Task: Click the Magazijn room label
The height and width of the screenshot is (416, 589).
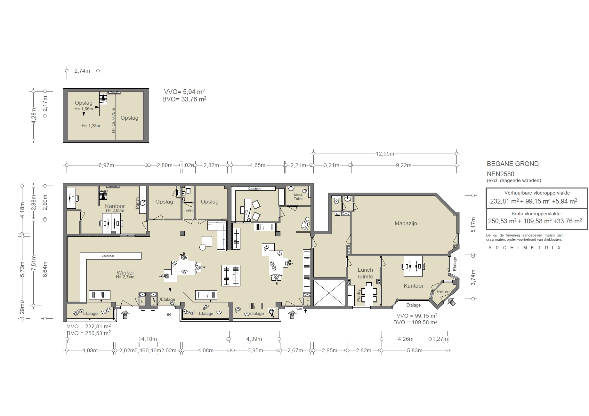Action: pos(406,224)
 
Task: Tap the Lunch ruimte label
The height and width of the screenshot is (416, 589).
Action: pos(365,273)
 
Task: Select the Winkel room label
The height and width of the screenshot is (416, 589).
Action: pos(125,273)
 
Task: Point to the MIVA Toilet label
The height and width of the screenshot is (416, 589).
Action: pos(298,197)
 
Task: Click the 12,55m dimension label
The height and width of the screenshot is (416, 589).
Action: pos(385,154)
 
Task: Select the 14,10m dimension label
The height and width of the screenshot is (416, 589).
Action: pos(147,339)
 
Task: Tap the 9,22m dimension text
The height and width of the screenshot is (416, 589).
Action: pos(404,165)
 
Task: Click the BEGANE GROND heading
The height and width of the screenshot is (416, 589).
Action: pos(512,164)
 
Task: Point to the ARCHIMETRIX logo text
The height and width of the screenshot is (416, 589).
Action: pos(525,248)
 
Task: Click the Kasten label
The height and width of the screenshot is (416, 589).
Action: pos(254,189)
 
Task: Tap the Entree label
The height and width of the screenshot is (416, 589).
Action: pos(443,292)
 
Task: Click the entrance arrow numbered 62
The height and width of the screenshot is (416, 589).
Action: pos(292,315)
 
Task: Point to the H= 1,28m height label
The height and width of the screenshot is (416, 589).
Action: pos(91,126)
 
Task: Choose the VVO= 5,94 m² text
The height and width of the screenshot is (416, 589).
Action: pos(184,92)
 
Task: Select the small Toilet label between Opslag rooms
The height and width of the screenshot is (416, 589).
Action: pos(188,210)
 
